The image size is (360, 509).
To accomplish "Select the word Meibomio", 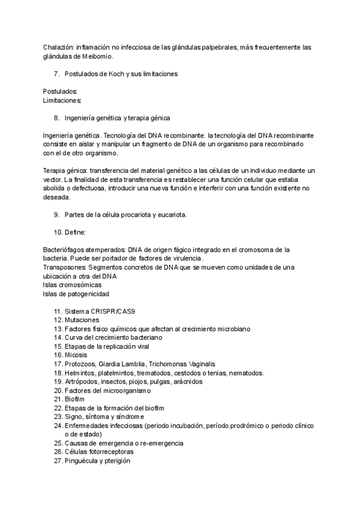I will pyautogui.click(x=97, y=56).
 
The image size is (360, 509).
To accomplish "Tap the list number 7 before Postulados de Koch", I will pyautogui.click(x=56, y=74).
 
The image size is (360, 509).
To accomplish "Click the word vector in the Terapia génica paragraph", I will pyautogui.click(x=54, y=179).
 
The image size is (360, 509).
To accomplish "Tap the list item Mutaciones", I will pyautogui.click(x=82, y=320).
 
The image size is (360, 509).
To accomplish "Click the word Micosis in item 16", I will pyautogui.click(x=77, y=355).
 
